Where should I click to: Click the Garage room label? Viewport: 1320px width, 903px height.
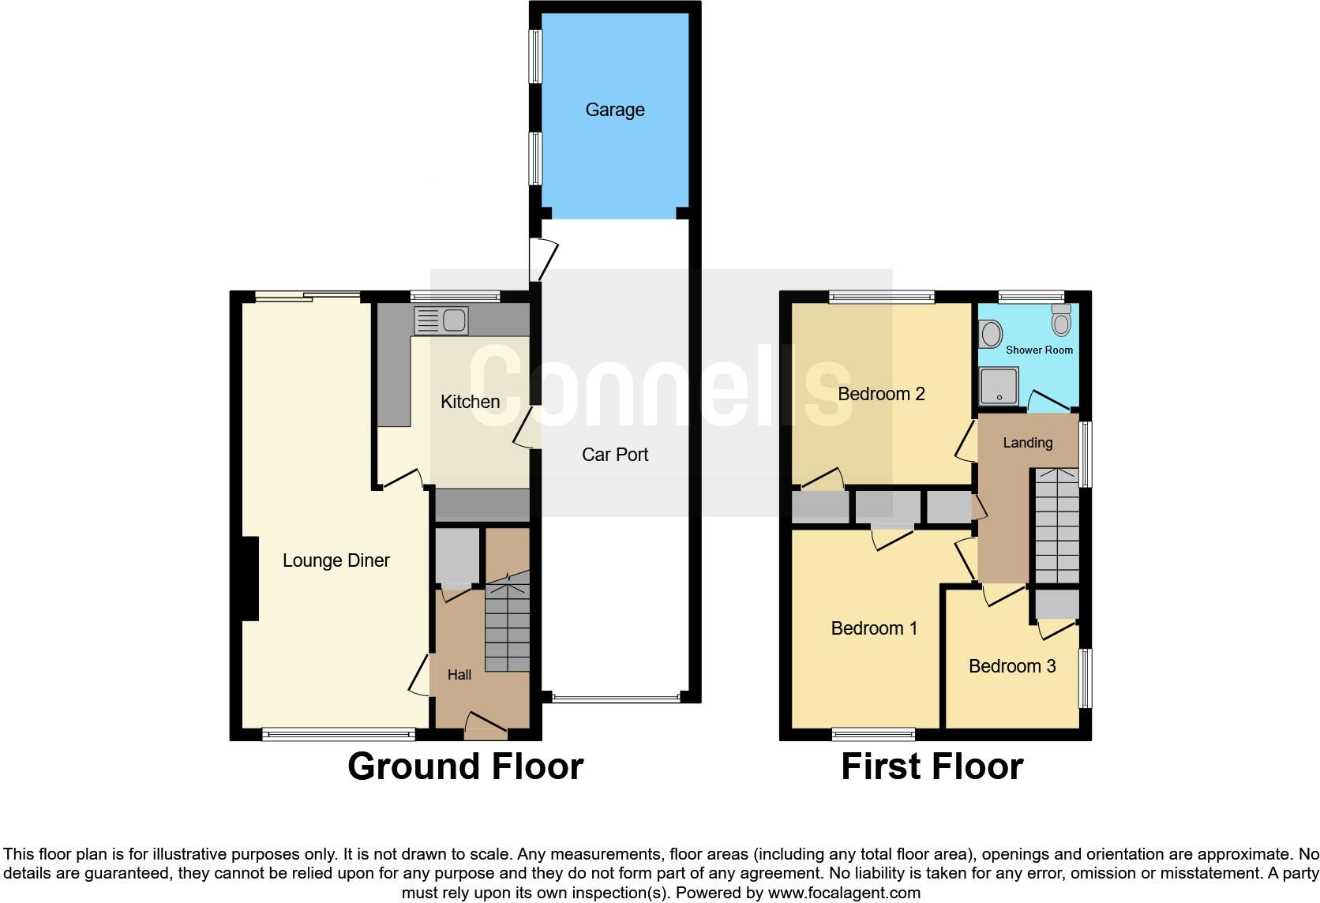614,110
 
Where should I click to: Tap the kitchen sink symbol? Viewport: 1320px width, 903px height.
441,321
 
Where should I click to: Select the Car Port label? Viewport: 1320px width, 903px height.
614,455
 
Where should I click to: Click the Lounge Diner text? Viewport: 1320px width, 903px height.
336,560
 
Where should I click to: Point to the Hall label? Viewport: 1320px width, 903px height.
459,675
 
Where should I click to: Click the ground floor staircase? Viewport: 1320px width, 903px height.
507,628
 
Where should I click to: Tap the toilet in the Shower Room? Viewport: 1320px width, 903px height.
1061,320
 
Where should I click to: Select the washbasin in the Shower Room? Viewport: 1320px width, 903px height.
988,333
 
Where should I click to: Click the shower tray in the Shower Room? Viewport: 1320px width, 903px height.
999,386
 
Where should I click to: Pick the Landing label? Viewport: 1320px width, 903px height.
1027,443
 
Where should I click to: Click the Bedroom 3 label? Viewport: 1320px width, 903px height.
1011,666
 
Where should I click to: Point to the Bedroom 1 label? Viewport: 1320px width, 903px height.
873,628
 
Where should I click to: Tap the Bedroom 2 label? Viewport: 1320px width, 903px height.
880,394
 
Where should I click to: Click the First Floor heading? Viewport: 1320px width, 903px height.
932,766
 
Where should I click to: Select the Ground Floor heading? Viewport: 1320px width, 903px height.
465,766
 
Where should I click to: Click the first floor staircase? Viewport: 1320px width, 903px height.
1056,526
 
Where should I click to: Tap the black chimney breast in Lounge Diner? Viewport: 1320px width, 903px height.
249,579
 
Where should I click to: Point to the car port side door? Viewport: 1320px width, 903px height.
544,259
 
